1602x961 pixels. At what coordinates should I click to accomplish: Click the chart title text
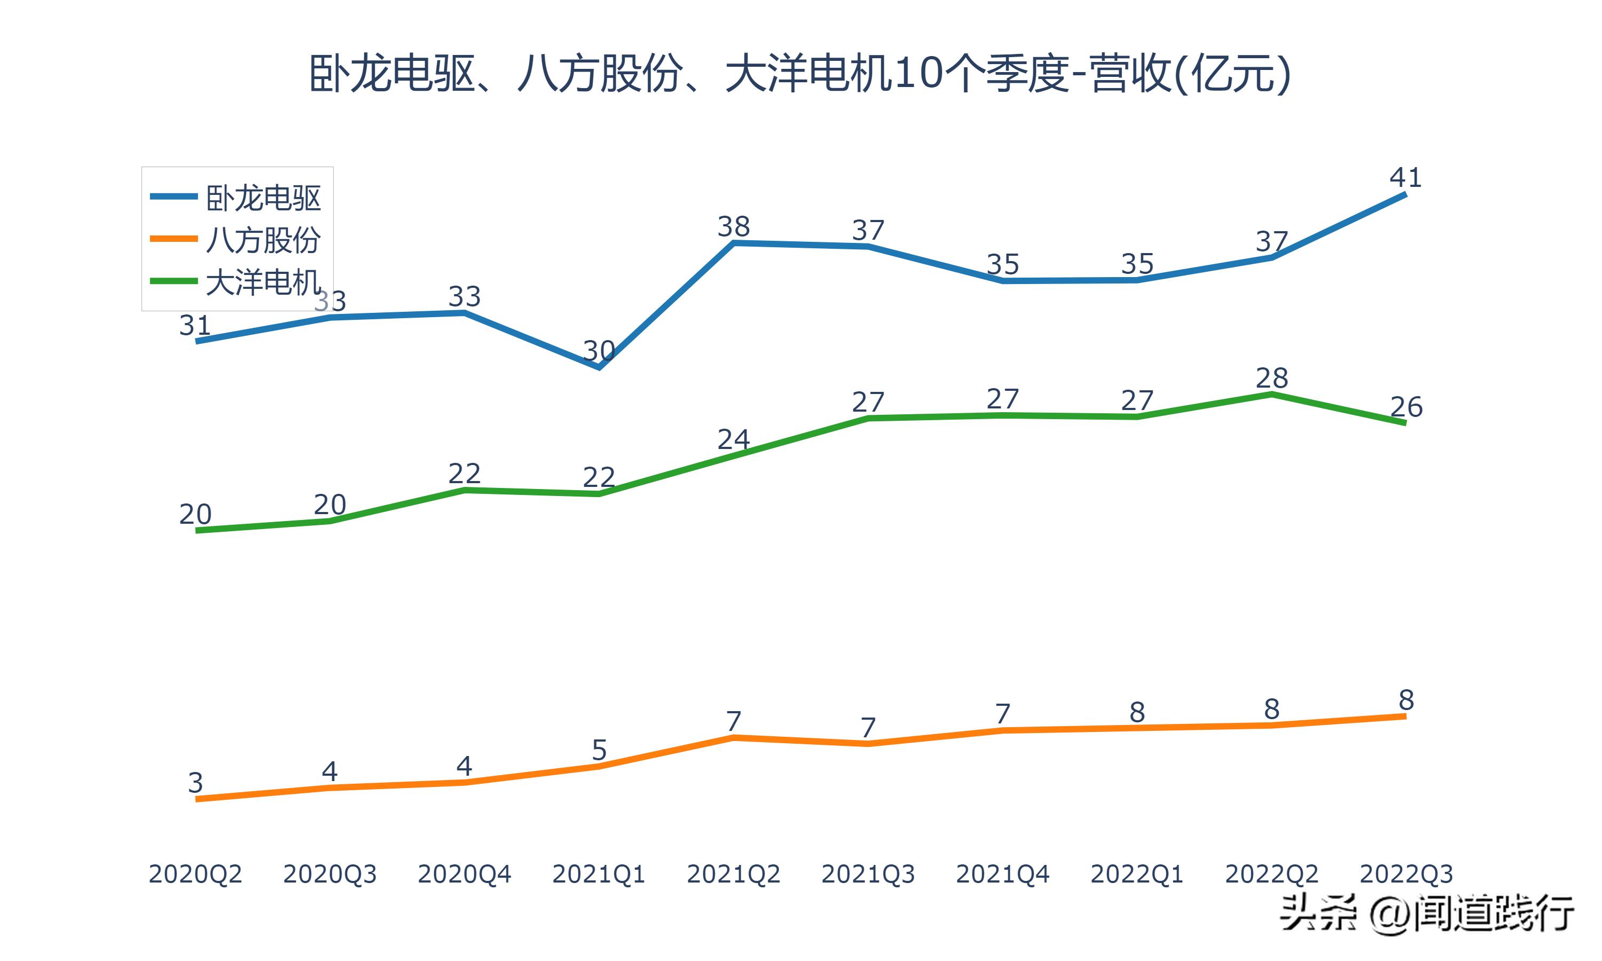pyautogui.click(x=800, y=74)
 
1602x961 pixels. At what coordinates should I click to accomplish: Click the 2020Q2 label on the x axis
pyautogui.click(x=195, y=874)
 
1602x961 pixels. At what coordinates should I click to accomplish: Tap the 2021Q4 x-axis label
pyautogui.click(x=1002, y=874)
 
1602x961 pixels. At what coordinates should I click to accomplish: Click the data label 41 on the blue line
pyautogui.click(x=1405, y=177)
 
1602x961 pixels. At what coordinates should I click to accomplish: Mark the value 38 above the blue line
pyautogui.click(x=733, y=227)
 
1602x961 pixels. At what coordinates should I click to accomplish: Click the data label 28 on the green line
pyautogui.click(x=1271, y=378)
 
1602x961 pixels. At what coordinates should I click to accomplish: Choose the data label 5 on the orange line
pyautogui.click(x=599, y=750)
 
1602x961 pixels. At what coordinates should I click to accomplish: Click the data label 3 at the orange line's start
pyautogui.click(x=195, y=783)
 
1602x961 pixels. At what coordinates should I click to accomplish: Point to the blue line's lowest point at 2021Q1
pyautogui.click(x=599, y=367)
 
